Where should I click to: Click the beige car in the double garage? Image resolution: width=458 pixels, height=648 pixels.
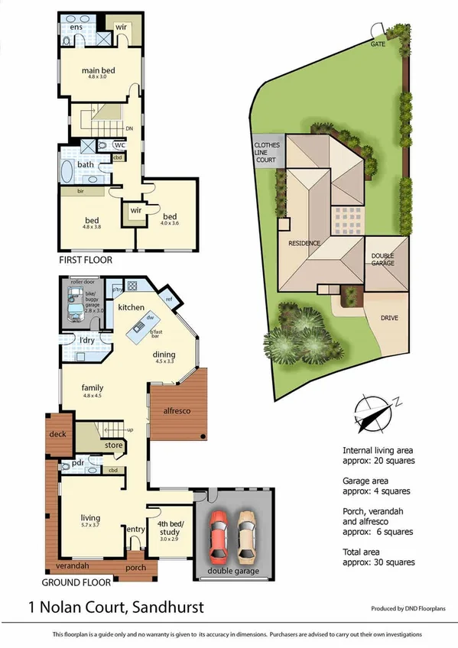coord(246,533)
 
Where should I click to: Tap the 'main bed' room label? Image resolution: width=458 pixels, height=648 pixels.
coord(98,72)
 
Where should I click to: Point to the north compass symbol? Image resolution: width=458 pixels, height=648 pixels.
coord(372,413)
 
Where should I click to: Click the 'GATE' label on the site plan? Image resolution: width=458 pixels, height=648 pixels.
coord(378,44)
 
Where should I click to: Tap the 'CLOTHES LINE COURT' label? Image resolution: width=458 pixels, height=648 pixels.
coord(268,153)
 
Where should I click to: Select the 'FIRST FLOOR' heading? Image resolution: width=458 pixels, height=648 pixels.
coord(86,260)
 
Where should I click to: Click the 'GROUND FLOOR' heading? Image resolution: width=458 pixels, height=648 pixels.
coord(76,582)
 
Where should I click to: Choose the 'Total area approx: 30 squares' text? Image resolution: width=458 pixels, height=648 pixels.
coord(378,556)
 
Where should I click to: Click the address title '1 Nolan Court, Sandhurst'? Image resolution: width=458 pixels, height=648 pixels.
coord(115,608)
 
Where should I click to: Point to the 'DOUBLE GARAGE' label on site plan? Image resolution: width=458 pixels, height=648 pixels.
coord(383,260)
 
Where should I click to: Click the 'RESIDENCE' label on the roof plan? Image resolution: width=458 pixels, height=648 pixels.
coord(304,243)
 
